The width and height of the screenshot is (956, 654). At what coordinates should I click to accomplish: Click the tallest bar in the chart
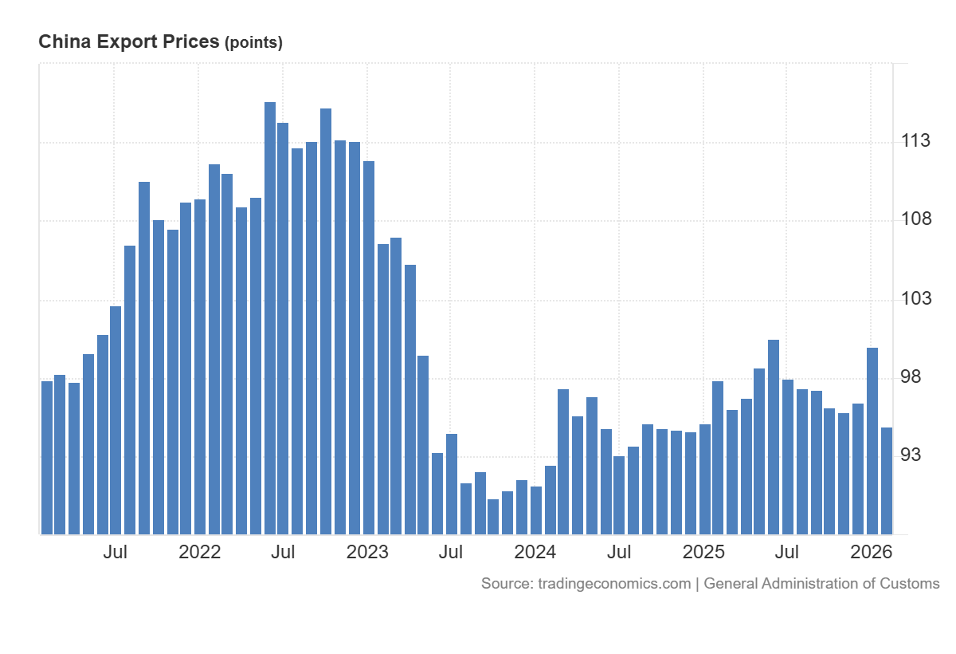(x=270, y=319)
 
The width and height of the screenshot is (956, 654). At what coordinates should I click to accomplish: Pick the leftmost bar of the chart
(x=47, y=458)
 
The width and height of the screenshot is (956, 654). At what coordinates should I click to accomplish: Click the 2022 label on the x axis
(x=199, y=552)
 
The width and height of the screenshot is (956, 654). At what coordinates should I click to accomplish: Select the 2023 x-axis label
(x=367, y=552)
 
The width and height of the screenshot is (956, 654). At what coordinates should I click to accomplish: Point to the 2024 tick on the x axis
(x=535, y=552)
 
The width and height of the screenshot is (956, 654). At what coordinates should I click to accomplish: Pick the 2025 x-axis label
(x=703, y=552)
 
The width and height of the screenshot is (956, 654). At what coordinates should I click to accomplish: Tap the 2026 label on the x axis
(x=871, y=552)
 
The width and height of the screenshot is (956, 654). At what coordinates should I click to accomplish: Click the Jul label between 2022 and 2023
(x=283, y=552)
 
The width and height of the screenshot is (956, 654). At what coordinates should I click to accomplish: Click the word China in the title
(x=63, y=42)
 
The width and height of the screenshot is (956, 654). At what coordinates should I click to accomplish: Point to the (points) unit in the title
(x=253, y=43)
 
